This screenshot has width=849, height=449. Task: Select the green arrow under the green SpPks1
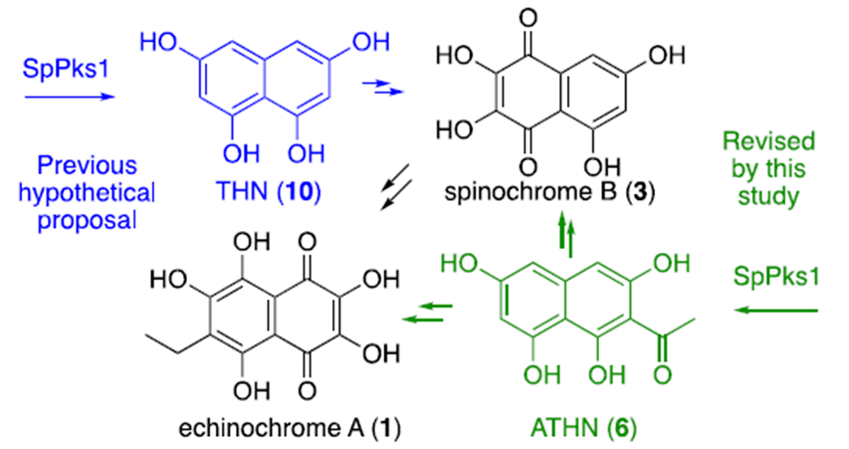(778, 314)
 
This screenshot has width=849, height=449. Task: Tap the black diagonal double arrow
(397, 187)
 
